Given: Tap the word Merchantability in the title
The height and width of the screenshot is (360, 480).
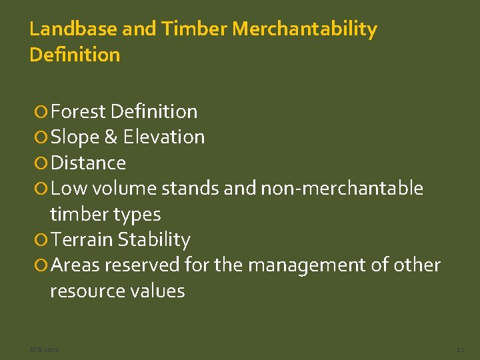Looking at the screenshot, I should point(305,29).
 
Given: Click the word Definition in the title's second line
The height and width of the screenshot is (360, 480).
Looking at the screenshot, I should point(75,55).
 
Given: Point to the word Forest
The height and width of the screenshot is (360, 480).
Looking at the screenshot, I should point(79,111).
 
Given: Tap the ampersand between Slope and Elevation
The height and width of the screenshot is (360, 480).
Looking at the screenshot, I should point(111,137).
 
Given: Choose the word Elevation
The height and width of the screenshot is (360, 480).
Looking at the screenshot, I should point(164,137).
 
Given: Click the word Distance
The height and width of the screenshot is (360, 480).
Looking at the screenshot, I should point(88,163).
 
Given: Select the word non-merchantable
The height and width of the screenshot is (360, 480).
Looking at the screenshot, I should point(342,189).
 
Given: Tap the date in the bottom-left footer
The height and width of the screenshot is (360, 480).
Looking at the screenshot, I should point(45,349).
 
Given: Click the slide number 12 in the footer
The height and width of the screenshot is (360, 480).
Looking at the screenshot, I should point(460,349).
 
